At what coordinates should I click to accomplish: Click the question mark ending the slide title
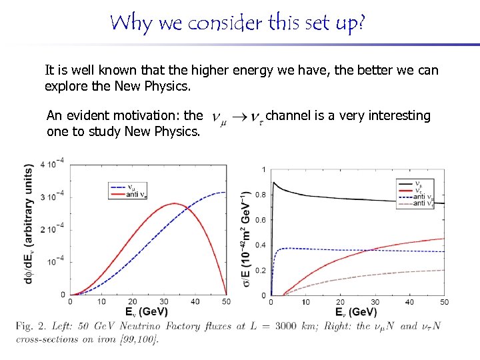point(361,23)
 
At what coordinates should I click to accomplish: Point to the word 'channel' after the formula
point(287,116)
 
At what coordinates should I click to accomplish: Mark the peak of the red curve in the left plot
point(175,203)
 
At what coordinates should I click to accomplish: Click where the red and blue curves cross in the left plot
point(187,208)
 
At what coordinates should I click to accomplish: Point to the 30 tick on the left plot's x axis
point(164,302)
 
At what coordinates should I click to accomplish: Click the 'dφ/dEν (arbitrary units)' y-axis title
point(29,223)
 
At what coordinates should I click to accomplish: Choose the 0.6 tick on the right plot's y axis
point(261,220)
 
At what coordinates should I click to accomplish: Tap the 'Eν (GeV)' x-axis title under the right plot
point(356,312)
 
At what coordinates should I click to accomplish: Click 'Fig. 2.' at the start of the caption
point(33,326)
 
